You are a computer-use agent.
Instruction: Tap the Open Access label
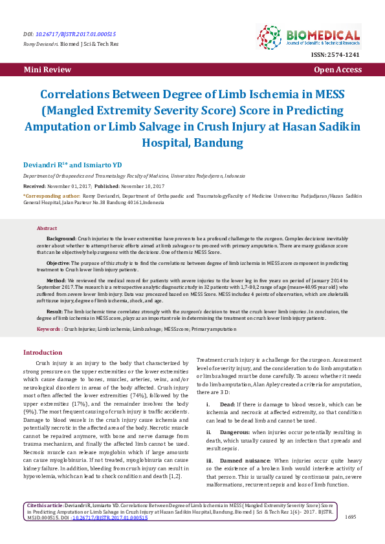click(338, 69)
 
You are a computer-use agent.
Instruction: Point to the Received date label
click(38, 184)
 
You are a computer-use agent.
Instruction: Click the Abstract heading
click(47, 229)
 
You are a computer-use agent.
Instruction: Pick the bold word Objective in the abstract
click(58, 263)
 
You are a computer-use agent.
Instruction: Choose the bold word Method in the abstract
click(56, 281)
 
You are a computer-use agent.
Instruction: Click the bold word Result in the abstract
click(54, 311)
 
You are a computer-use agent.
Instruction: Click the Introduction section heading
click(43, 352)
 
